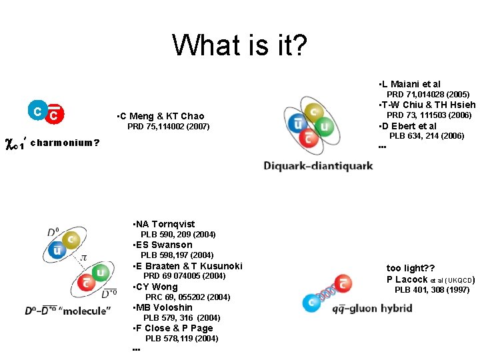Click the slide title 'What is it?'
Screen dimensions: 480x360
pyautogui.click(x=240, y=45)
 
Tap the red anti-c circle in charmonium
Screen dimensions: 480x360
pyautogui.click(x=55, y=115)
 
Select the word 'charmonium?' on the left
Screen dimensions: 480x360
pyautogui.click(x=65, y=142)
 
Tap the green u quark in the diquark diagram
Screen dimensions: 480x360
pyautogui.click(x=325, y=126)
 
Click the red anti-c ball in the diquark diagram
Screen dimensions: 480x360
pyautogui.click(x=308, y=139)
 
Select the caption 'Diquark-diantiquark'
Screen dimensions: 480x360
pyautogui.click(x=318, y=165)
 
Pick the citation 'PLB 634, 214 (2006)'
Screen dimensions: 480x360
pyautogui.click(x=427, y=136)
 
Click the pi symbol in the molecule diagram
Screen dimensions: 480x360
pyautogui.click(x=85, y=257)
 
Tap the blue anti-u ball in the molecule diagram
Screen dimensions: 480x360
pyautogui.click(x=58, y=251)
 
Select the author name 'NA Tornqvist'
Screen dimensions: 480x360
pyautogui.click(x=166, y=224)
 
